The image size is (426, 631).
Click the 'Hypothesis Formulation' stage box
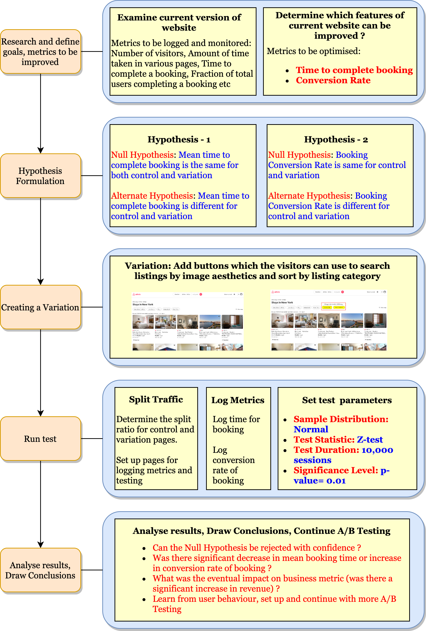(x=40, y=176)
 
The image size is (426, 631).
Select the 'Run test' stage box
(x=40, y=438)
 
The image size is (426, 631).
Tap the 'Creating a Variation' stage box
(x=40, y=307)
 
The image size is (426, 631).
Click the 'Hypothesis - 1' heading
(x=179, y=139)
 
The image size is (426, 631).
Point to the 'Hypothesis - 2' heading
(x=336, y=139)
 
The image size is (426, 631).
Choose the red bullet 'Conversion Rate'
(x=333, y=80)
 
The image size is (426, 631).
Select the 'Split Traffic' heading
(x=156, y=399)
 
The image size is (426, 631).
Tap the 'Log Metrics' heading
(x=238, y=400)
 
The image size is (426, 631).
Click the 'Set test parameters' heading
(x=347, y=400)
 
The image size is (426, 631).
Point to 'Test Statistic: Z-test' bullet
(x=338, y=440)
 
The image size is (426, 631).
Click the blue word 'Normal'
(x=311, y=429)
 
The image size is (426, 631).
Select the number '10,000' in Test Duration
(x=377, y=450)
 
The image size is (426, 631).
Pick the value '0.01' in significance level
(x=336, y=481)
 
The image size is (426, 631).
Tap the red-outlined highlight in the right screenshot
(x=333, y=306)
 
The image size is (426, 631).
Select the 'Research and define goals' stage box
(x=40, y=52)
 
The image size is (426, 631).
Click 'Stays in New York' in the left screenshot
(x=143, y=304)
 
